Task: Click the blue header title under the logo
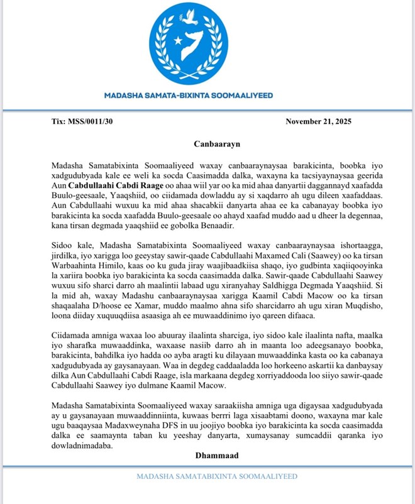[x=207, y=96]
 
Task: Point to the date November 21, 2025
[x=319, y=121]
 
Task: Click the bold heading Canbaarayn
[x=207, y=143]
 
